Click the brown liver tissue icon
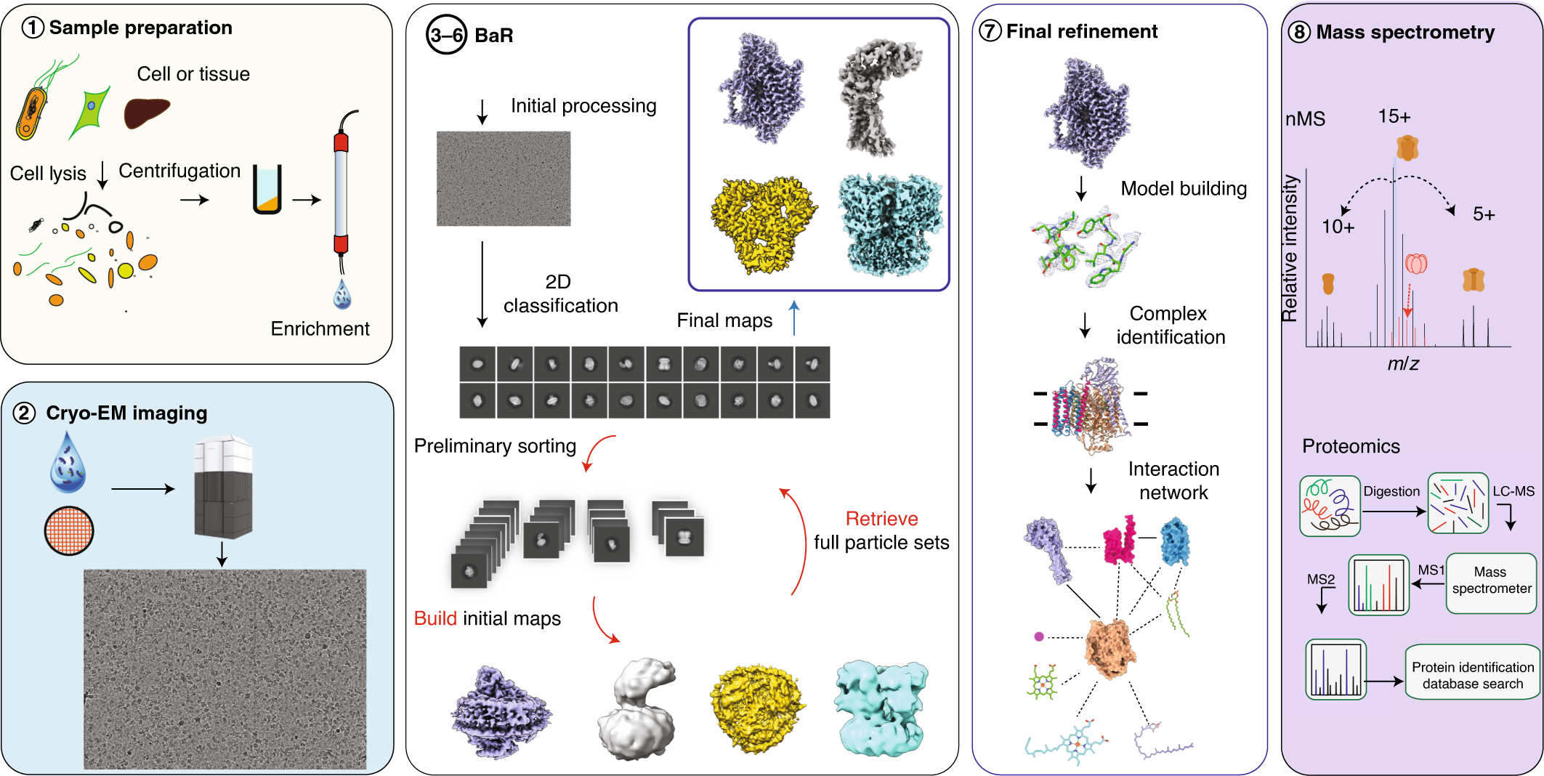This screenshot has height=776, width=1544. coord(146,113)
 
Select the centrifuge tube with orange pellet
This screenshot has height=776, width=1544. coord(267,190)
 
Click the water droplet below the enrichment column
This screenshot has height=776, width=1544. coord(342,294)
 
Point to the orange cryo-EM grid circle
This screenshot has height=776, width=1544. coord(69,530)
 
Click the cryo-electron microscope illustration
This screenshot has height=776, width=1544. coord(223,486)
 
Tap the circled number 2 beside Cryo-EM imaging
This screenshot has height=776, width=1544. coord(24,413)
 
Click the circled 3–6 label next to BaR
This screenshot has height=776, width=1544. coord(446,36)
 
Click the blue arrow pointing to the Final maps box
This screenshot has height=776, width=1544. coord(794,318)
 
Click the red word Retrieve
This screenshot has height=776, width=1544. coord(881,519)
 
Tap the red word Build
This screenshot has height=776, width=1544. coord(435,618)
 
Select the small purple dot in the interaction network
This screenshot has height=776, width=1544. coord(1039,636)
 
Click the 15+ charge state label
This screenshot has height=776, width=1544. coord(1394,116)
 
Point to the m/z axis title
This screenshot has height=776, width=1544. coord(1402,364)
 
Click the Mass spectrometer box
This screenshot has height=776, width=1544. coord(1491,581)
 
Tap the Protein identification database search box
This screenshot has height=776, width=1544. coord(1472,675)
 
